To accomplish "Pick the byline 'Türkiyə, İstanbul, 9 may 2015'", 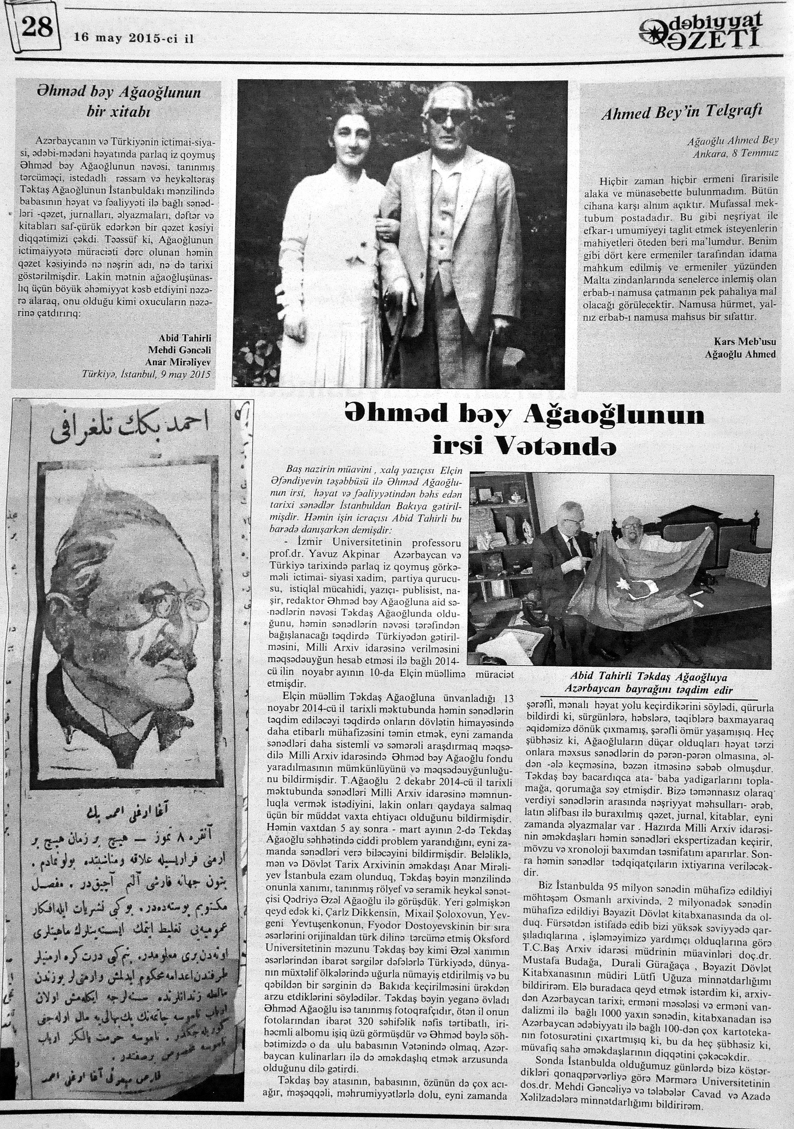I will click(x=146, y=374).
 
